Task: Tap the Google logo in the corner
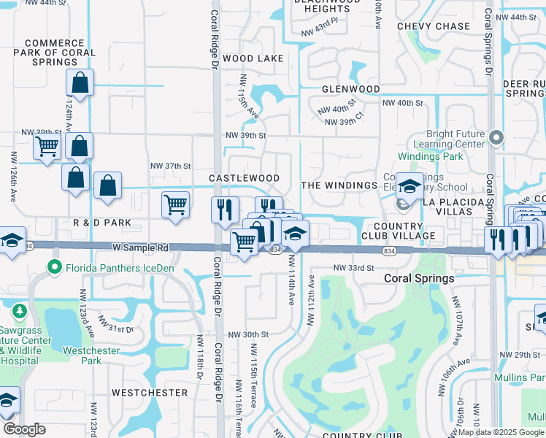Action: (24, 429)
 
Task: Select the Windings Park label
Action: (431, 157)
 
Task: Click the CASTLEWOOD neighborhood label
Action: (244, 178)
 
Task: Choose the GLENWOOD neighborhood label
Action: (351, 89)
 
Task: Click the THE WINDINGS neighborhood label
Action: (339, 185)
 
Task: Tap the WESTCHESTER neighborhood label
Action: (150, 392)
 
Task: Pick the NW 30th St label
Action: (248, 334)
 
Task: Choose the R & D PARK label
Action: (102, 222)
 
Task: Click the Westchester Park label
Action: (91, 356)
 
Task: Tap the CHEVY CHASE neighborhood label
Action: (434, 26)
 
